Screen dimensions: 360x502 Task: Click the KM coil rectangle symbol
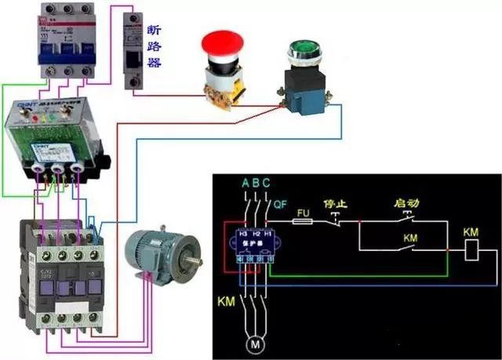click(473, 250)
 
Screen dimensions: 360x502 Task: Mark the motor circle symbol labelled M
click(253, 344)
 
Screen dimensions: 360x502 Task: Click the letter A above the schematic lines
click(245, 184)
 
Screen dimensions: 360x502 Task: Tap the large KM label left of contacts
click(225, 300)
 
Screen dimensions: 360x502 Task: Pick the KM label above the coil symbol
click(471, 233)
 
